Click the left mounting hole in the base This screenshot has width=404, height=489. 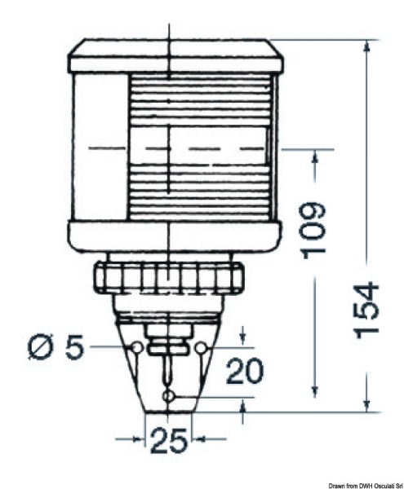(135, 348)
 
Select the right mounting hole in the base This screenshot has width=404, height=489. (201, 348)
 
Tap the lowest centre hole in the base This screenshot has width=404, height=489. (168, 396)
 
